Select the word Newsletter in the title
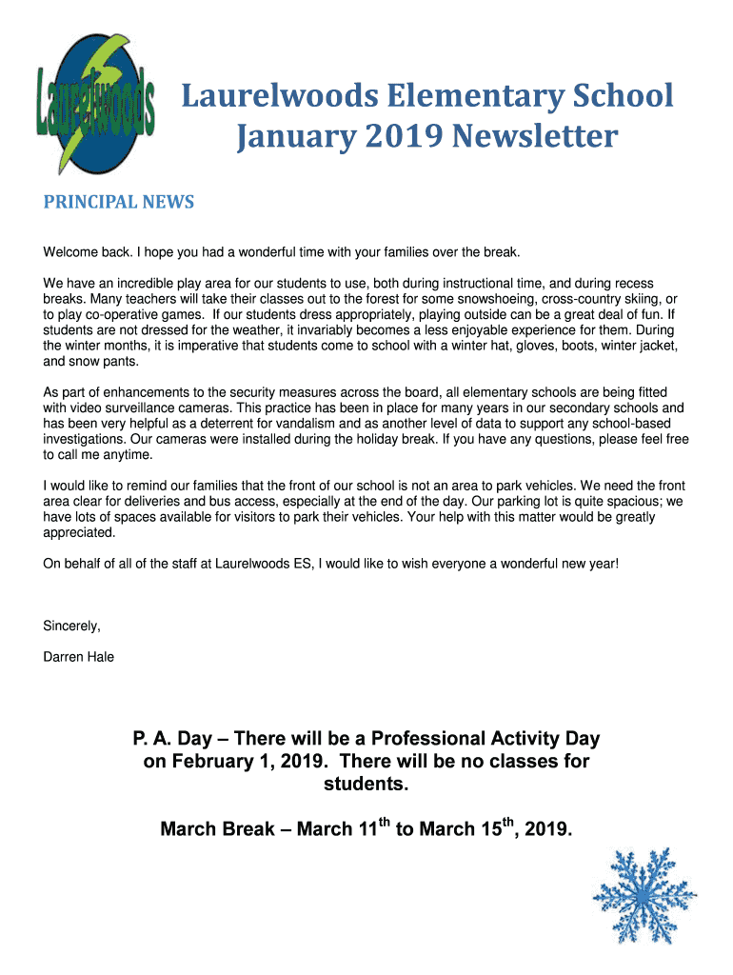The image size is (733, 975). click(534, 137)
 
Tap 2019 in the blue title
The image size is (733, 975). click(398, 137)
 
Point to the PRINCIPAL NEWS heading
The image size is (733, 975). click(119, 202)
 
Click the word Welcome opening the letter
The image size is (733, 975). click(69, 252)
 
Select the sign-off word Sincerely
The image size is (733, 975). click(71, 626)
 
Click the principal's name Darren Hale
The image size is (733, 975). click(79, 656)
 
